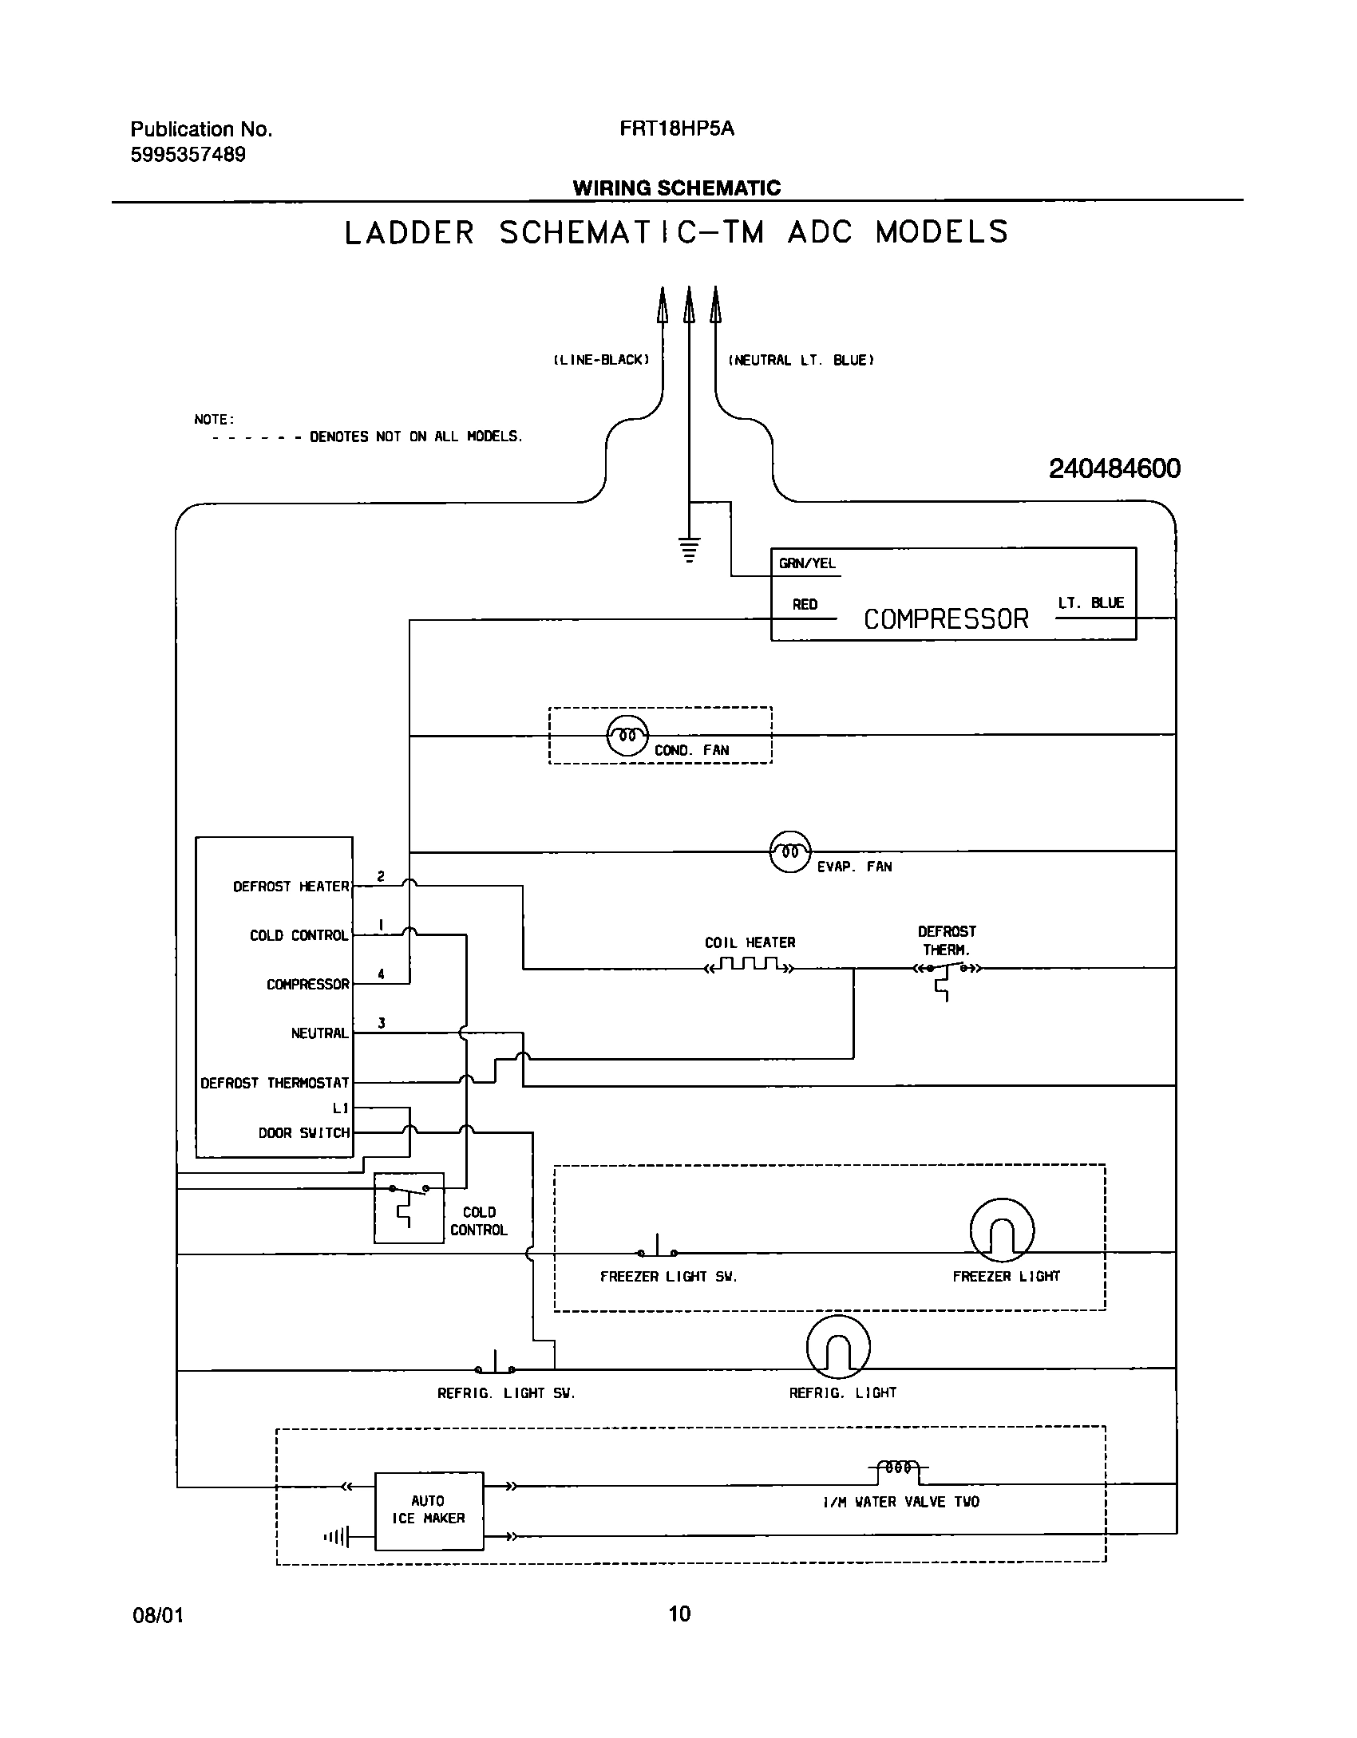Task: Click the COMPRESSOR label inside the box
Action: point(946,619)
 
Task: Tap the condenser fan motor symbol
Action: point(627,735)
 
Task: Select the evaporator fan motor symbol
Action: point(789,851)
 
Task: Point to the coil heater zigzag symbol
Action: point(749,967)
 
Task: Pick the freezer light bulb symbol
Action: point(1002,1230)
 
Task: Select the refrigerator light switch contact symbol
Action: point(495,1365)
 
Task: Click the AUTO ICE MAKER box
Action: point(429,1511)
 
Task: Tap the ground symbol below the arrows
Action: point(689,550)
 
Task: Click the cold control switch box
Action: point(409,1207)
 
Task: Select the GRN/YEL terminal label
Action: point(807,563)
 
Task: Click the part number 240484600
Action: point(1114,468)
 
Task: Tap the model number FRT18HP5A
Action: point(676,129)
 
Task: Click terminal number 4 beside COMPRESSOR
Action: point(381,974)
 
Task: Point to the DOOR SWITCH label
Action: point(303,1132)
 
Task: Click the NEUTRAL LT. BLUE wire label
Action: point(801,361)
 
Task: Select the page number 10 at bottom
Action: point(679,1614)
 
